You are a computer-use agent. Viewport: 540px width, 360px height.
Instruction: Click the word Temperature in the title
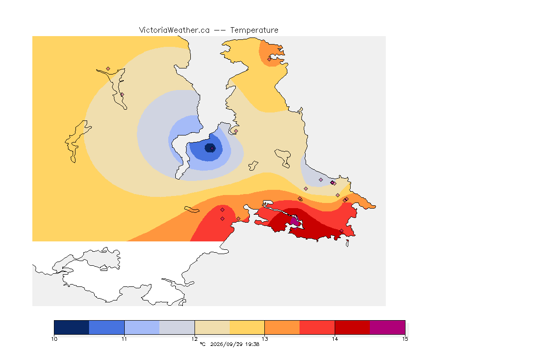coord(254,30)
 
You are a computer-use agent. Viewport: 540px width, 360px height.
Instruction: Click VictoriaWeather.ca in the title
coord(174,30)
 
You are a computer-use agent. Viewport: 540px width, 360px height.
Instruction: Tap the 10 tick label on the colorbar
coord(54,339)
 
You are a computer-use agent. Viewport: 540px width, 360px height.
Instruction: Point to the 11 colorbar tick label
coord(124,339)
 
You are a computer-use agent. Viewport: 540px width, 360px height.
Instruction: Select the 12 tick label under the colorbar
coord(195,339)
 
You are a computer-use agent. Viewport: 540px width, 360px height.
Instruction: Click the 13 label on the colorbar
coord(264,339)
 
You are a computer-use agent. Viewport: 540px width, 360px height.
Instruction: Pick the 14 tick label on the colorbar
coord(335,339)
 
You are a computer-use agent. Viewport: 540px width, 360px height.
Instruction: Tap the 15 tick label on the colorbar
coord(405,339)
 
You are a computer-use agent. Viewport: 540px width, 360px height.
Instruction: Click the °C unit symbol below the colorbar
coord(202,344)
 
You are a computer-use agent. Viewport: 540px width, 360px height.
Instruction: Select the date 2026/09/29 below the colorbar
coord(226,344)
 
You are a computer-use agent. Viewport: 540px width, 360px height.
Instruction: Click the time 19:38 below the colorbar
coord(252,344)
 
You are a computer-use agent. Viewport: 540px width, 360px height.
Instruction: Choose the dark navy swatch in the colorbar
coord(72,327)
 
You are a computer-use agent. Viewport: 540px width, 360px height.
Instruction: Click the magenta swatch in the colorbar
coord(388,327)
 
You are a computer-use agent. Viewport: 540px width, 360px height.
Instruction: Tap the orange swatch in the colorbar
coord(282,327)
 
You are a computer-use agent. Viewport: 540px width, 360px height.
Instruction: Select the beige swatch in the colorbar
coord(212,327)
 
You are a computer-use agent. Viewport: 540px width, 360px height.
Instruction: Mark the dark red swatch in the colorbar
coord(352,327)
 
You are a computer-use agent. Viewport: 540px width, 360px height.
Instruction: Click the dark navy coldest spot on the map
coord(210,148)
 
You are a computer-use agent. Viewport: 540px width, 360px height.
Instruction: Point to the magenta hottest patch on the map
coord(295,221)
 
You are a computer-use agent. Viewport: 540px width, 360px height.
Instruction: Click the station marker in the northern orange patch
coord(269,59)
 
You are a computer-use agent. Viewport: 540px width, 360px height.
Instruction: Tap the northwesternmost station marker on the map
coord(108,69)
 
